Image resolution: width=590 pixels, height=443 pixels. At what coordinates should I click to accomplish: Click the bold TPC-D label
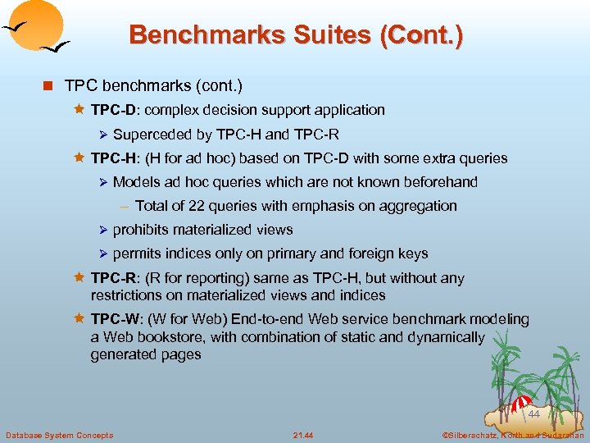[x=110, y=110]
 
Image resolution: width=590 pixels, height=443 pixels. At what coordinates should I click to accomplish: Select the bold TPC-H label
[x=110, y=158]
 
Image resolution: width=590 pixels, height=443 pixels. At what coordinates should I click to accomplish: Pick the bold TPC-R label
[x=110, y=279]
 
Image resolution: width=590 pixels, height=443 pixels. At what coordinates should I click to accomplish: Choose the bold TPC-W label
[x=111, y=319]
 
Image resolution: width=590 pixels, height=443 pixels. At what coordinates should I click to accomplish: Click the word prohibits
[x=141, y=231]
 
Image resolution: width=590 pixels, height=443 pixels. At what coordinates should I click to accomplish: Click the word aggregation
[x=418, y=206]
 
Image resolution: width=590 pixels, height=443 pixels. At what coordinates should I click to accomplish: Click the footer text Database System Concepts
[x=59, y=435]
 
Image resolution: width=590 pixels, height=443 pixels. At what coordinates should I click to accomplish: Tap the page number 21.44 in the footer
[x=303, y=435]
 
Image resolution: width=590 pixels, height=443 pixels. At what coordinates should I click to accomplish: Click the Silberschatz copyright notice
[x=511, y=435]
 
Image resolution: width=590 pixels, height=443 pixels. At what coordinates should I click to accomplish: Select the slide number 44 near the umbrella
[x=533, y=415]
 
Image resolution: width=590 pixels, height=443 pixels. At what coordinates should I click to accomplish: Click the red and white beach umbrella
[x=520, y=404]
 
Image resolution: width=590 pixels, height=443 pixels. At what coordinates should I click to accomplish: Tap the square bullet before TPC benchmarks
[x=51, y=86]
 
